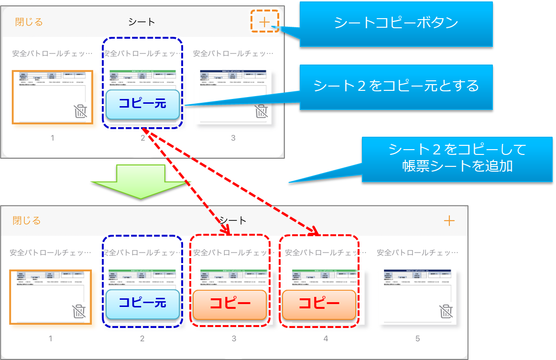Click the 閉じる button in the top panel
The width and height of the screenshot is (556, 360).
(x=29, y=22)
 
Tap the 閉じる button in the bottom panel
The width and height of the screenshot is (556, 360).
(x=27, y=220)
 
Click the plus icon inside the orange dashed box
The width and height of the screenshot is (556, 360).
(x=264, y=22)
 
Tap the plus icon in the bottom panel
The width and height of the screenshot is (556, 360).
(x=449, y=220)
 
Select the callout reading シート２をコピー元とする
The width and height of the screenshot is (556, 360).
(x=396, y=86)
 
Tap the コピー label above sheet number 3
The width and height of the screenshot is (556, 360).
(x=230, y=305)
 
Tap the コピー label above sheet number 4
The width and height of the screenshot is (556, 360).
(x=319, y=305)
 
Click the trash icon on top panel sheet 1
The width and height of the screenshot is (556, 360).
(x=81, y=111)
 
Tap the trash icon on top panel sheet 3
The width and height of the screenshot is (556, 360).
(x=261, y=111)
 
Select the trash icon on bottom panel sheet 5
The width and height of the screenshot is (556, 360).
(x=446, y=311)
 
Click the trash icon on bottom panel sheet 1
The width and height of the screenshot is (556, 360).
(x=79, y=311)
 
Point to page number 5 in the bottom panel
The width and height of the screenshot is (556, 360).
(x=417, y=338)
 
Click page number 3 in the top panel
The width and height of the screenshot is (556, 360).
(x=233, y=138)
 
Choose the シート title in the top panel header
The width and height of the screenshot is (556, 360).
(x=142, y=22)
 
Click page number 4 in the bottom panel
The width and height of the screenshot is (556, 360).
(x=326, y=338)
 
